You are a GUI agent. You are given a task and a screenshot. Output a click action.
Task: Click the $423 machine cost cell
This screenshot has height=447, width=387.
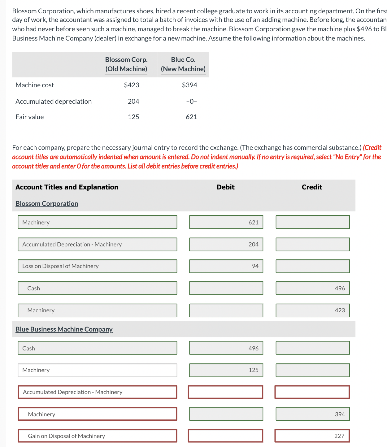click(132, 85)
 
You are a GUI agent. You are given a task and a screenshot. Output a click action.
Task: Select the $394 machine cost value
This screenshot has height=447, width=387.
click(189, 85)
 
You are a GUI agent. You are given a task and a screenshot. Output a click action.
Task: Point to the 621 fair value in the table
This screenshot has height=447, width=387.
click(191, 117)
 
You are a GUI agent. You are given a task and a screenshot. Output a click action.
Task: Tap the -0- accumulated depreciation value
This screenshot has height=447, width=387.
click(191, 102)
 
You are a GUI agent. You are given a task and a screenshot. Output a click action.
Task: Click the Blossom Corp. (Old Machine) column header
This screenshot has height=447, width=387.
click(126, 64)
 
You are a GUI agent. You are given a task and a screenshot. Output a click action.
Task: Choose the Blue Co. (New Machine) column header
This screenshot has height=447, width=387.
click(183, 64)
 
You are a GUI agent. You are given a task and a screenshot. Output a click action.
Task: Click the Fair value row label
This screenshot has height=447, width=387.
click(30, 117)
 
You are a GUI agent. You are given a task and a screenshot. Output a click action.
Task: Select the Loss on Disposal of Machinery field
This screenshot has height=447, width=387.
click(97, 266)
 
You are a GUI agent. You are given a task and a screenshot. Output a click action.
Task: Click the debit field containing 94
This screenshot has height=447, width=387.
click(226, 266)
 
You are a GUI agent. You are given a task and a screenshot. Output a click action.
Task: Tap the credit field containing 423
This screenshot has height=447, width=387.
click(313, 310)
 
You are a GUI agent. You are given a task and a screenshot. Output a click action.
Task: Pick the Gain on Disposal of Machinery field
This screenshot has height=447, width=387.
click(97, 436)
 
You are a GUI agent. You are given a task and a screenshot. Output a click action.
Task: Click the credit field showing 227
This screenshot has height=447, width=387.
click(312, 436)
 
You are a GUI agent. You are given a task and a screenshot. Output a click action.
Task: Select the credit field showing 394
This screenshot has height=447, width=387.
click(313, 414)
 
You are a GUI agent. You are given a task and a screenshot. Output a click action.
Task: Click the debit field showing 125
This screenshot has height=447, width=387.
click(226, 370)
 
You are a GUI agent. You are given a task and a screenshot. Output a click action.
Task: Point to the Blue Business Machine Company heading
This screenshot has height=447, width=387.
click(64, 329)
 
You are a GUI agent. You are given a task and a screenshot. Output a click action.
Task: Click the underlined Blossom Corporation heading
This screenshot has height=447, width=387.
click(47, 204)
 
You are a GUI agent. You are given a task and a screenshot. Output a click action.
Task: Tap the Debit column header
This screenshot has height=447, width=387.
click(225, 187)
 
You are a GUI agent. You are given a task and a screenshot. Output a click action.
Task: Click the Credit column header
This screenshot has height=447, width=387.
click(312, 187)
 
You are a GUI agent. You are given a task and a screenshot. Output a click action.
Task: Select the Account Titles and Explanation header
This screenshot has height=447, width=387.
click(67, 187)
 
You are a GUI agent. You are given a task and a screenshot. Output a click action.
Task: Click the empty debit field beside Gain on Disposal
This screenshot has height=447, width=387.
click(225, 436)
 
